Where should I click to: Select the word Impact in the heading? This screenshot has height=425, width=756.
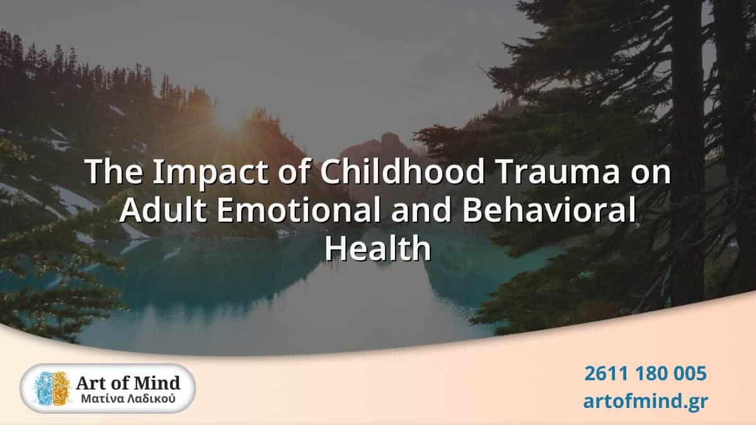pyautogui.click(x=197, y=173)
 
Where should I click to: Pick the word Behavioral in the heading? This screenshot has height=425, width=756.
pyautogui.click(x=547, y=211)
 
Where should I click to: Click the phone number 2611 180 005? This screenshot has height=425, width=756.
pyautogui.click(x=645, y=374)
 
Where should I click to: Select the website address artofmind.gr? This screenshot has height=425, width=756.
pyautogui.click(x=645, y=400)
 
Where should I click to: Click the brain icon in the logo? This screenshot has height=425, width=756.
pyautogui.click(x=52, y=388)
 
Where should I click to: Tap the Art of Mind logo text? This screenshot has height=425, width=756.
pyautogui.click(x=129, y=382)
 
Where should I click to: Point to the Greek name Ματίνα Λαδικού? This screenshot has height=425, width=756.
pyautogui.click(x=129, y=399)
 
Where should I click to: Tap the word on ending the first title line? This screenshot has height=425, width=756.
pyautogui.click(x=652, y=173)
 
